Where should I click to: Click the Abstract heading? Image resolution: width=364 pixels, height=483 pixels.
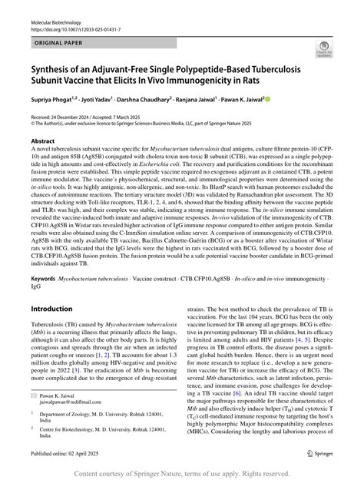(x=42, y=142)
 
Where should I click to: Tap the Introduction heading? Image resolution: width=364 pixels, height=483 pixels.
(x=51, y=308)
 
